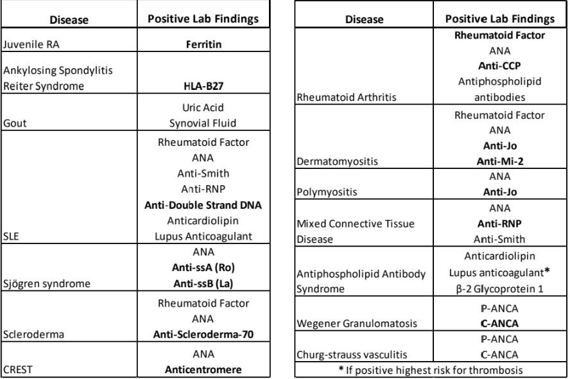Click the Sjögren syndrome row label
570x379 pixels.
pyautogui.click(x=43, y=283)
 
